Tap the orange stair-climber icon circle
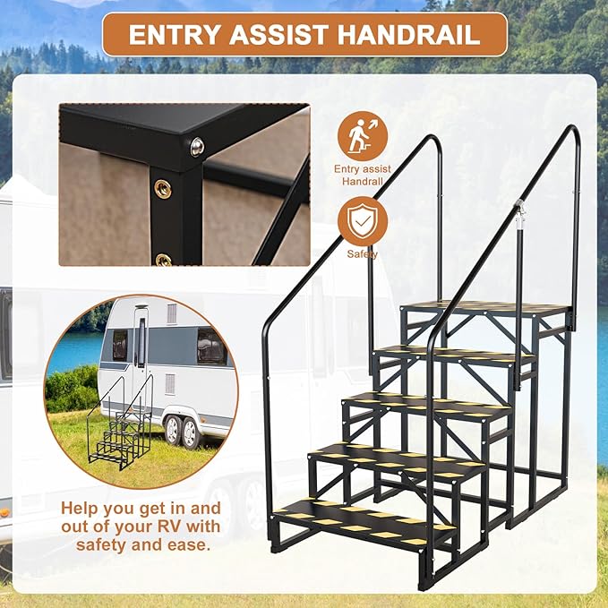363,136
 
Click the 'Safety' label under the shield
363,254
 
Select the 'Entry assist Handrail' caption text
363,174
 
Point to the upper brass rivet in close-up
163,188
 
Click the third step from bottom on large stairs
424,406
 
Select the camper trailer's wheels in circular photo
179,431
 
